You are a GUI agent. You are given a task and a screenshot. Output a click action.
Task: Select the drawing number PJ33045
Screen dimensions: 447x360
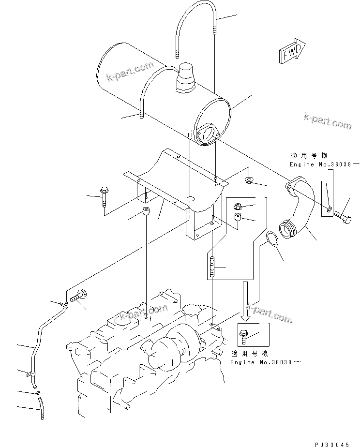tap(338, 443)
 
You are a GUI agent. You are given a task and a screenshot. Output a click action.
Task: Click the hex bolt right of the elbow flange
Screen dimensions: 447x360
tap(344, 211)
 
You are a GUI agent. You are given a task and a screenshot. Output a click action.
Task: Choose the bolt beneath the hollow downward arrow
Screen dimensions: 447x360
tap(243, 334)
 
